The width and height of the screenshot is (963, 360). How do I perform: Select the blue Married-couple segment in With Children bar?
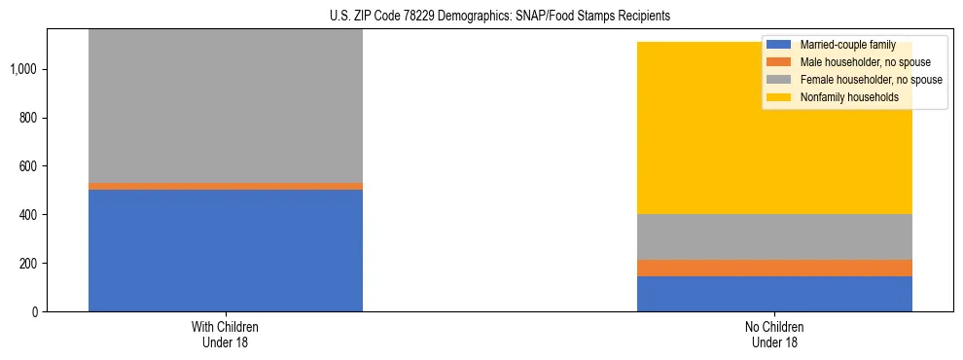point(226,250)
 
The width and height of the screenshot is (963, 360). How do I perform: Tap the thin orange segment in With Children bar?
point(226,186)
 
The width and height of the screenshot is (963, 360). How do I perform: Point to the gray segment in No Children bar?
point(774,236)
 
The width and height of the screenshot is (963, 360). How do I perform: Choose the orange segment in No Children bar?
point(774,268)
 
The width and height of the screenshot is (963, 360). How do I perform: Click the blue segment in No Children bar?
point(774,294)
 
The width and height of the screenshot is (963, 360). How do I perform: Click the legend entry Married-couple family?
point(846,45)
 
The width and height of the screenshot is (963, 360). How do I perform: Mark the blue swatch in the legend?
point(779,45)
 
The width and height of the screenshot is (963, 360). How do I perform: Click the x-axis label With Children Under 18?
point(226,334)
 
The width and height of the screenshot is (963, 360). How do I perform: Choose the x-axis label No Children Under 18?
point(774,334)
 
